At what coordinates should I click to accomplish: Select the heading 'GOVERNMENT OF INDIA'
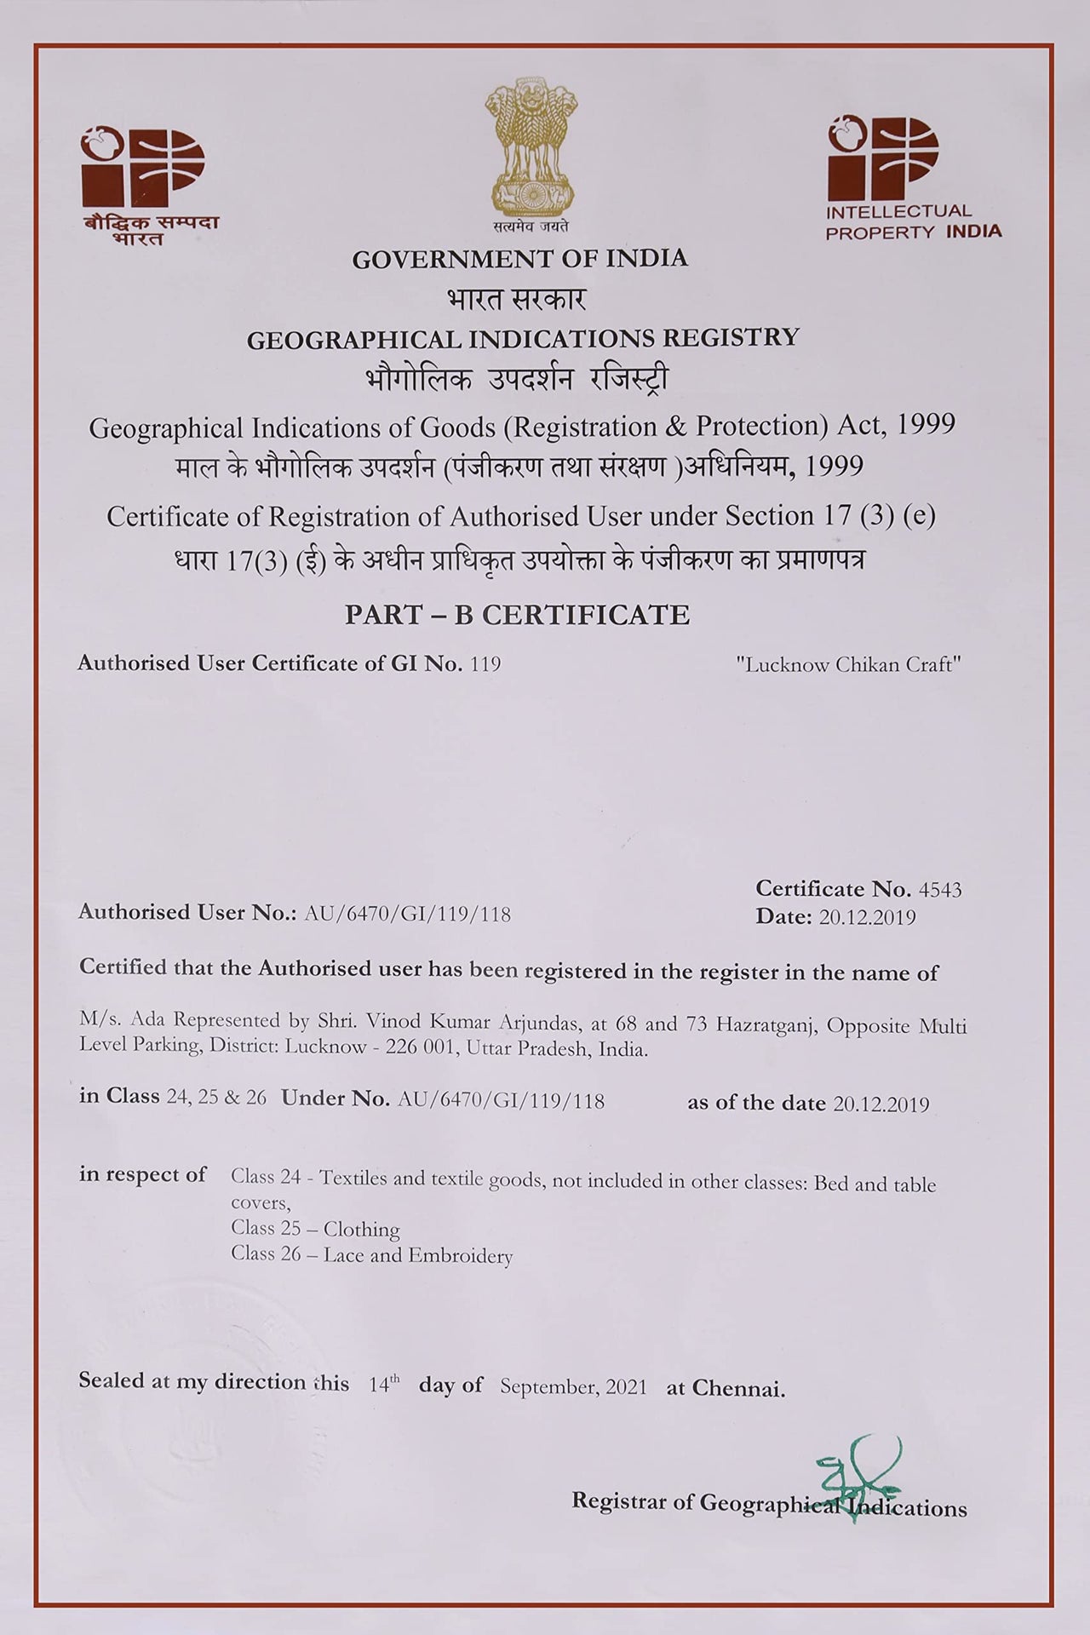[519, 259]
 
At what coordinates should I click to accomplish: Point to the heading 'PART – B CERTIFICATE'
[517, 615]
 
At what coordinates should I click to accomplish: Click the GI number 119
[485, 664]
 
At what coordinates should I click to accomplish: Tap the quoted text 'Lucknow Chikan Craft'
[848, 665]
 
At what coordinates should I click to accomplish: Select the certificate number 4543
[940, 890]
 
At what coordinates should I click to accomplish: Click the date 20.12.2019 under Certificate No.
[867, 917]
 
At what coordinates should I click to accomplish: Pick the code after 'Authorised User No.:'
[407, 915]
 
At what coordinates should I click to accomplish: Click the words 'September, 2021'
[573, 1387]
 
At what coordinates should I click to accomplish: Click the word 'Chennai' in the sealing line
[737, 1389]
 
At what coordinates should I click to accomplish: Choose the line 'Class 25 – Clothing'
[315, 1229]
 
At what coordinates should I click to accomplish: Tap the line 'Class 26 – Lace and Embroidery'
[371, 1255]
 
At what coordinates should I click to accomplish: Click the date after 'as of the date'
[881, 1104]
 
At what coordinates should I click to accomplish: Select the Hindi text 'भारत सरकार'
[516, 299]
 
